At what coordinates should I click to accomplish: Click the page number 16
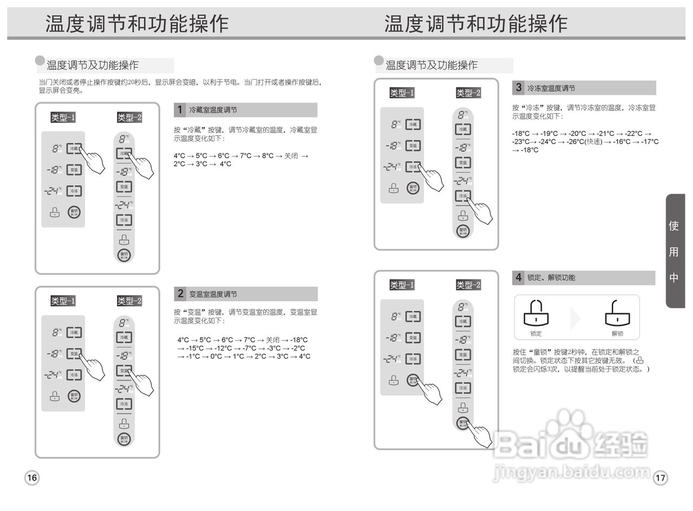32,477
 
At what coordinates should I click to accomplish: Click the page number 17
660,478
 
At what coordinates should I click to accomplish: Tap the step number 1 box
180,110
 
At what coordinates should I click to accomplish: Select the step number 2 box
180,294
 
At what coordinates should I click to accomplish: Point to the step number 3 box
519,87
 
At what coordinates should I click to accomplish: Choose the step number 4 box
519,277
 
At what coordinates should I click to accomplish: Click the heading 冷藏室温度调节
213,110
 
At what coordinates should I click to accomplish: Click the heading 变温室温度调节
213,294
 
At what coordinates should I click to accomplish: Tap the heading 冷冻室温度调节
551,88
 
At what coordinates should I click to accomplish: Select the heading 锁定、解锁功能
551,277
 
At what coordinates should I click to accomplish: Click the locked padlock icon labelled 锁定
536,313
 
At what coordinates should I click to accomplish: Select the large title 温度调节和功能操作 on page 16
137,24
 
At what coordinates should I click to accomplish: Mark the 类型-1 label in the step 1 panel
63,118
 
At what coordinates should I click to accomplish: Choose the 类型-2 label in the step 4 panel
468,285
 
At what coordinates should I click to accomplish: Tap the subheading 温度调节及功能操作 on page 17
432,65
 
